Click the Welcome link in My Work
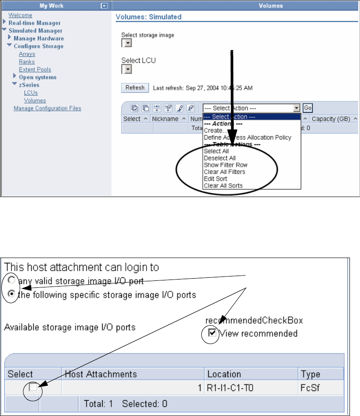point(20,15)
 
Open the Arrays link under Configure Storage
point(27,54)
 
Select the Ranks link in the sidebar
point(27,62)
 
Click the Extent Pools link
point(35,69)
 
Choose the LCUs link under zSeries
point(31,93)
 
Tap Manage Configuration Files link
point(47,108)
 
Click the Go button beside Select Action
point(307,108)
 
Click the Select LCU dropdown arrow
point(126,69)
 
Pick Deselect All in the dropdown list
point(220,158)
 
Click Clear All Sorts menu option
point(223,186)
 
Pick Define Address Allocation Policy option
point(247,137)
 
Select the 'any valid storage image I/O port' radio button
point(11,280)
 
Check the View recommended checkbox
point(213,334)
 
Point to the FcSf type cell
point(310,388)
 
